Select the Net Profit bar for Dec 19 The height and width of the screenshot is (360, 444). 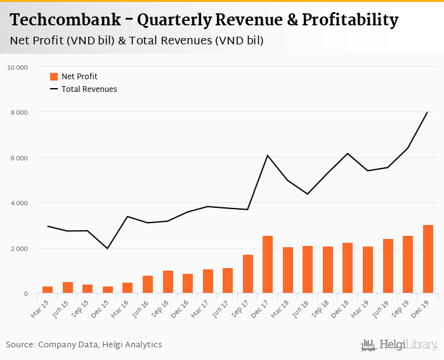[x=428, y=259]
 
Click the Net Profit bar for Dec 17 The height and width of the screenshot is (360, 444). [x=268, y=264]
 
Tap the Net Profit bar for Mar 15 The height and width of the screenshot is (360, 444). [x=48, y=290]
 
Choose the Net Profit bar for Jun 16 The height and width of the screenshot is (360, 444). [x=148, y=285]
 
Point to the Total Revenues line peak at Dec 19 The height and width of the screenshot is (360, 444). [x=428, y=112]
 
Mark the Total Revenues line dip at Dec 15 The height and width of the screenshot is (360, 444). [x=108, y=248]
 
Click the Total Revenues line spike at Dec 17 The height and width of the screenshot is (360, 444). [x=268, y=155]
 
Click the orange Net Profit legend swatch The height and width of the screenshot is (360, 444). [x=54, y=77]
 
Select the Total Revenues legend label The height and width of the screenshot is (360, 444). [x=89, y=89]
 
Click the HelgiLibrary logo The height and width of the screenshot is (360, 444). [x=400, y=345]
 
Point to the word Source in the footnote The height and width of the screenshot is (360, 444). [x=20, y=345]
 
